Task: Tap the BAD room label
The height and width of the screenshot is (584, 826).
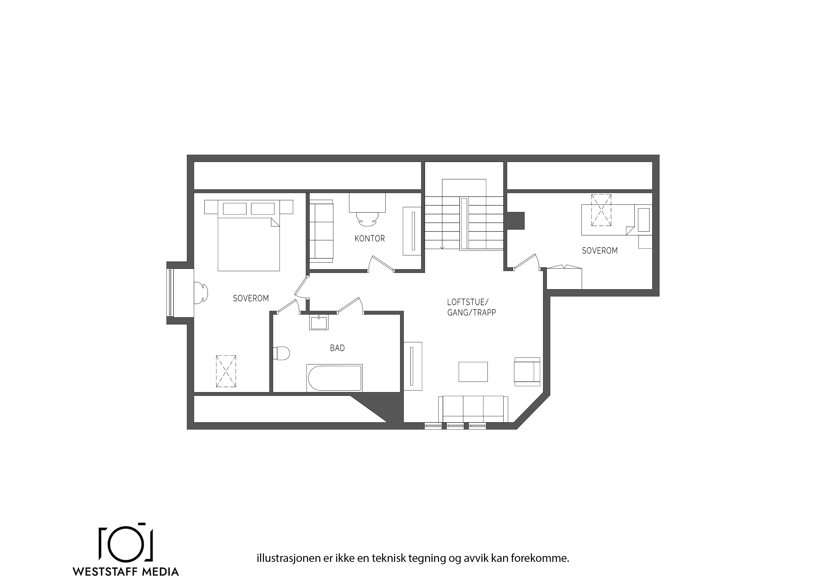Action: [x=337, y=348]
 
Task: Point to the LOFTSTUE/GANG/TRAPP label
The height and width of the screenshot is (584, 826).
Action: [x=471, y=307]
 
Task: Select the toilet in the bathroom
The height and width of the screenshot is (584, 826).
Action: [x=281, y=353]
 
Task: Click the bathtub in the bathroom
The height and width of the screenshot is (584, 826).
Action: [x=334, y=378]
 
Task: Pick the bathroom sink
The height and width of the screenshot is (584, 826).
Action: [x=319, y=323]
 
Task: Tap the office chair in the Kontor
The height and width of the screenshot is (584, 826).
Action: [x=367, y=219]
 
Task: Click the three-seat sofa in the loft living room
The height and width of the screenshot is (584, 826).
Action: [x=473, y=409]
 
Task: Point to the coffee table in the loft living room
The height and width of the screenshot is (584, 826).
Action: [x=473, y=372]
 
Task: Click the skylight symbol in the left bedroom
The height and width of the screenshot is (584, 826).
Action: [x=226, y=371]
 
